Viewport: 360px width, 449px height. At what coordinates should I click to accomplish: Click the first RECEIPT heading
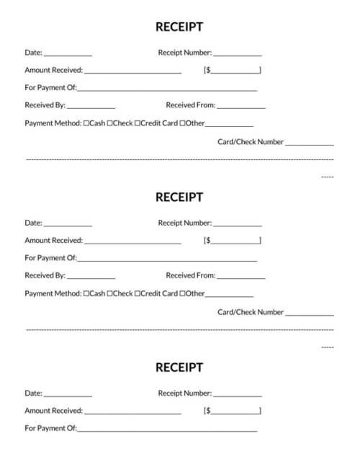click(179, 27)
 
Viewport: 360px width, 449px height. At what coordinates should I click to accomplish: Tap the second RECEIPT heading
click(179, 197)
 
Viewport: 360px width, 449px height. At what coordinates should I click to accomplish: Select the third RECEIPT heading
click(179, 368)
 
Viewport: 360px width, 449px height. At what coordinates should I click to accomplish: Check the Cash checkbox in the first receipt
click(86, 123)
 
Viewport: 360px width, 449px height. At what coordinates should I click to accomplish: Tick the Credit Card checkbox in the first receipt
click(137, 123)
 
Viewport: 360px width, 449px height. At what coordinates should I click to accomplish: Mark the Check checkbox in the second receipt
click(109, 293)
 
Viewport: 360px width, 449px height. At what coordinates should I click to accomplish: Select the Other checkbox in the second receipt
click(182, 293)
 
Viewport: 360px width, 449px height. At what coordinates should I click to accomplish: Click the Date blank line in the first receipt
click(68, 54)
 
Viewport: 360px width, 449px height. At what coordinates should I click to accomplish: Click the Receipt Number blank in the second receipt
click(237, 224)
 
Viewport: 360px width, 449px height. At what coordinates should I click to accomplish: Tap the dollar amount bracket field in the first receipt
click(235, 71)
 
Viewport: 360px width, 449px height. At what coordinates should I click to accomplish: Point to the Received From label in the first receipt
click(190, 105)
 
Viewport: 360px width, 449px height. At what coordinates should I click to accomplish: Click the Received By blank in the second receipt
click(91, 277)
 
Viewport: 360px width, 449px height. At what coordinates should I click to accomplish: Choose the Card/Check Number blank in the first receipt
click(309, 143)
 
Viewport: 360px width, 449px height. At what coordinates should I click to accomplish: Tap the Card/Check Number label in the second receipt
click(251, 312)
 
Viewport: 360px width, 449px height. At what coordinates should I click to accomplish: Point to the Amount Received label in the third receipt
click(53, 411)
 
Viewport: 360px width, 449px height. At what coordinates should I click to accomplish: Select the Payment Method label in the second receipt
click(53, 293)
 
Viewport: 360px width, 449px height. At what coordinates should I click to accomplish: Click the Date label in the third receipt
click(33, 394)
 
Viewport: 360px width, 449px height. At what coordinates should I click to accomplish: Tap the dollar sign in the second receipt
click(208, 241)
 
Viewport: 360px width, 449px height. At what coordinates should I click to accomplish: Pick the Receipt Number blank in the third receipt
click(237, 395)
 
